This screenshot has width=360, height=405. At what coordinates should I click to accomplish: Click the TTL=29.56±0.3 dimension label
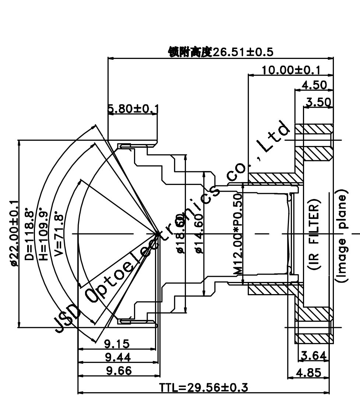tap(204, 388)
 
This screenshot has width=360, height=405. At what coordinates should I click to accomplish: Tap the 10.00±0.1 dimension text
tap(290, 70)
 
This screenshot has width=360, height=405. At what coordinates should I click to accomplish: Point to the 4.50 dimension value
tap(314, 85)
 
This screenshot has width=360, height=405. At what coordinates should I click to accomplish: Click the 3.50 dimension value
tap(318, 102)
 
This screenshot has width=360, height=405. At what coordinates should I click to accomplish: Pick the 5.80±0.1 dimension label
tap(133, 109)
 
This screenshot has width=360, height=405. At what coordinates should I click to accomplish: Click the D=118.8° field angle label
tap(30, 236)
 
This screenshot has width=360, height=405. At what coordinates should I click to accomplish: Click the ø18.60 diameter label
tap(180, 233)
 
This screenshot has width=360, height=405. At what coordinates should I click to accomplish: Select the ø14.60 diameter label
tap(199, 233)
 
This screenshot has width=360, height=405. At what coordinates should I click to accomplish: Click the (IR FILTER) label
tap(315, 234)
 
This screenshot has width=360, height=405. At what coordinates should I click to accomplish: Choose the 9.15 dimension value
tap(117, 344)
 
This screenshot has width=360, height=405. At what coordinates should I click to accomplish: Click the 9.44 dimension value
tap(117, 357)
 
